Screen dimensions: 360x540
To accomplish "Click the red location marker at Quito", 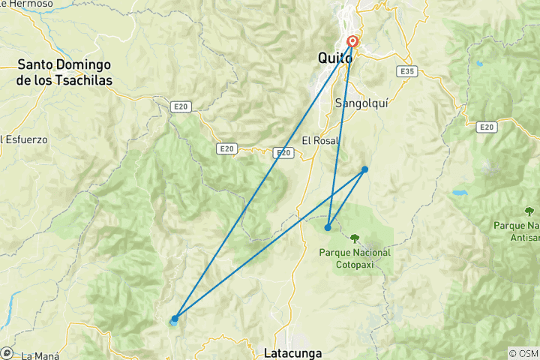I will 352,43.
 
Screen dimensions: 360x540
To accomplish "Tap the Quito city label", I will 334,58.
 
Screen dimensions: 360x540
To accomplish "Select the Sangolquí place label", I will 361,103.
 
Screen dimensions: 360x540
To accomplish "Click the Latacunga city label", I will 292,352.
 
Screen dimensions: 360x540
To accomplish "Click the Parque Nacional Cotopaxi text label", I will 355,257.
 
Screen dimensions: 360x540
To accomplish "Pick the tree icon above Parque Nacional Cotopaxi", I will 355,239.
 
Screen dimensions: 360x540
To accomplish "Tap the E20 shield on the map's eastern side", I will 487,127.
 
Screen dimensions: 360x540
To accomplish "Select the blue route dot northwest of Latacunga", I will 175,319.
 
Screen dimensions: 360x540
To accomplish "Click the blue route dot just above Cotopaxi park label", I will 328,227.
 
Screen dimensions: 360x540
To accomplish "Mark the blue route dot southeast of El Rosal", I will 364,169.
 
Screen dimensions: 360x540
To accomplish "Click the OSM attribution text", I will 523,353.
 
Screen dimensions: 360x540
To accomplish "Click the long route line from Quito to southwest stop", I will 262,180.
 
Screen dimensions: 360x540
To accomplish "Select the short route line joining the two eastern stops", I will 346,198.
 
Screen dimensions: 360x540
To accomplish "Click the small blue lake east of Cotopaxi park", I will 459,193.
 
